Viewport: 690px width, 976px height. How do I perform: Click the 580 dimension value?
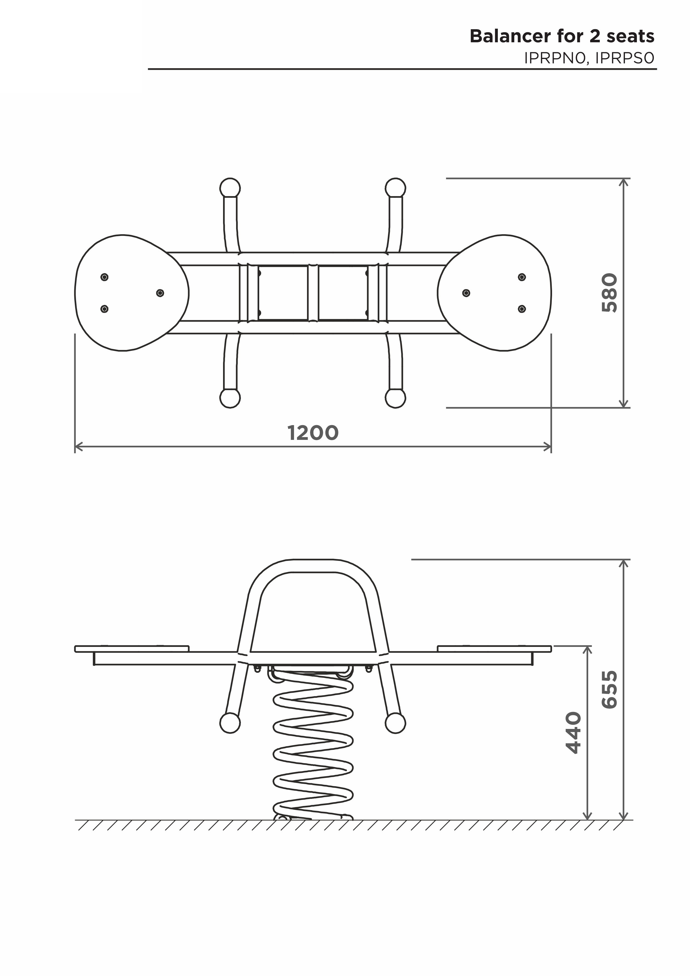pyautogui.click(x=609, y=293)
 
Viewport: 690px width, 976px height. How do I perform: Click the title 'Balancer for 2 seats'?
pyautogui.click(x=562, y=36)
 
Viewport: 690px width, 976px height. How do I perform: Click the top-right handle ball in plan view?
pyautogui.click(x=395, y=188)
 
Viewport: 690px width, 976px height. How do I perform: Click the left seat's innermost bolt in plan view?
pyautogui.click(x=160, y=293)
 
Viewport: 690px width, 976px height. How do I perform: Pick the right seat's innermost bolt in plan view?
pyautogui.click(x=466, y=293)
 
